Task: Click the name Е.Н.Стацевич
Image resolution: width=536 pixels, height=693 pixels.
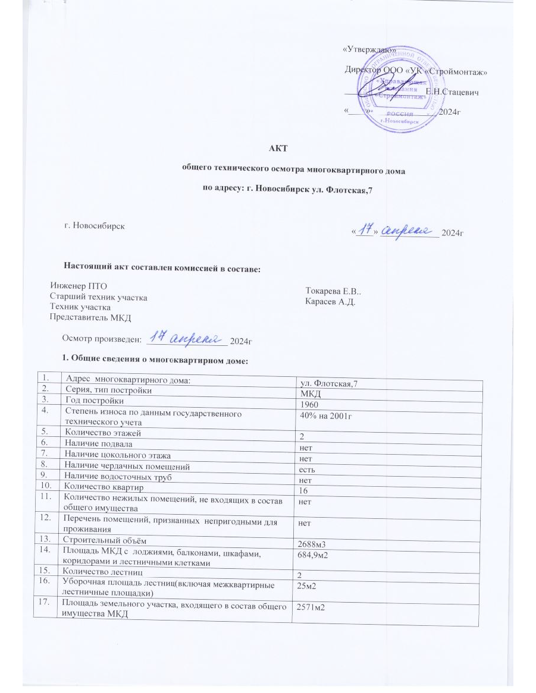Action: click(453, 92)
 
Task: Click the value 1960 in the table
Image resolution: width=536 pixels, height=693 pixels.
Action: click(308, 402)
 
